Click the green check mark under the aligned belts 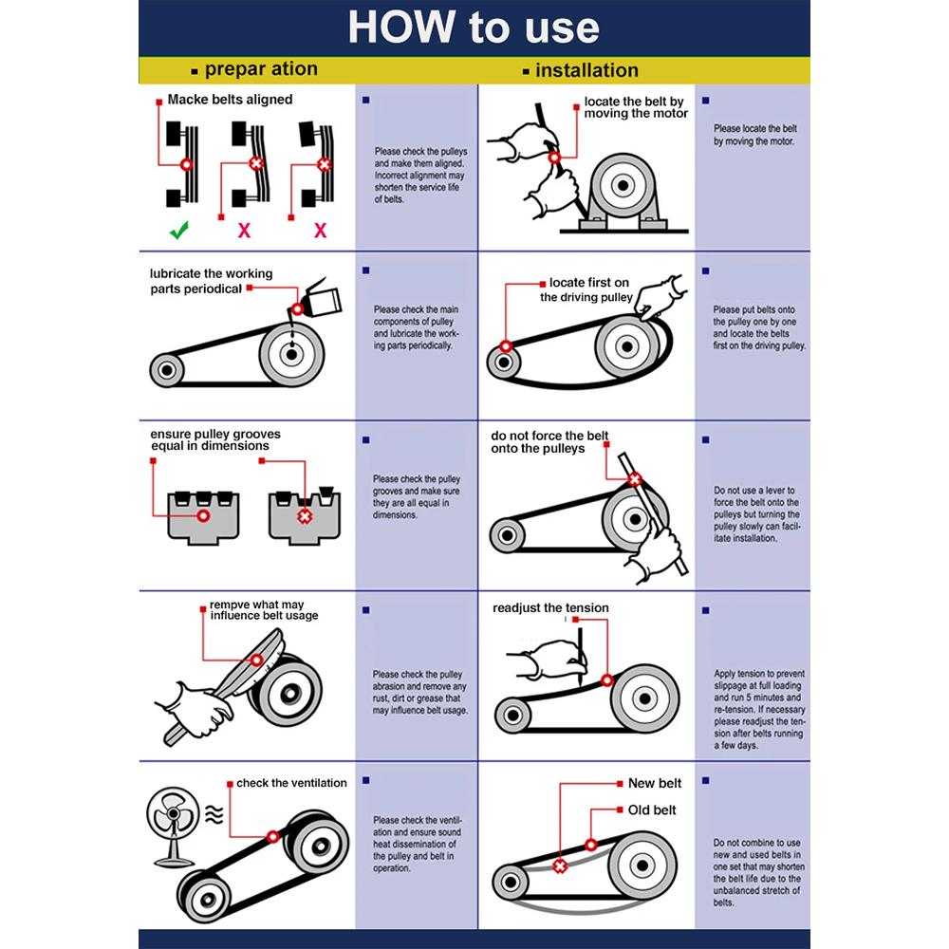coord(179,230)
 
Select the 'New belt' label coord(654,783)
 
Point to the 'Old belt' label coord(652,809)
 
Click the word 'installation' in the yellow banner coord(586,70)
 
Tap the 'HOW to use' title coord(474,28)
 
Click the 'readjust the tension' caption coord(550,607)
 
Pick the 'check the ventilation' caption coord(291,783)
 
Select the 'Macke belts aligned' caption coord(230,100)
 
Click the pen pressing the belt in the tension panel coord(580,657)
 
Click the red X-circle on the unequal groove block coord(305,516)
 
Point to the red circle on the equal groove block coord(203,515)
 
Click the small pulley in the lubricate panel coord(166,370)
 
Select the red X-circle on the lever coord(634,480)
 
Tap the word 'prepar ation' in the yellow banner coord(261,69)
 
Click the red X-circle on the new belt coord(560,866)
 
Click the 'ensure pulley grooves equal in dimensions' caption coord(215,440)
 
